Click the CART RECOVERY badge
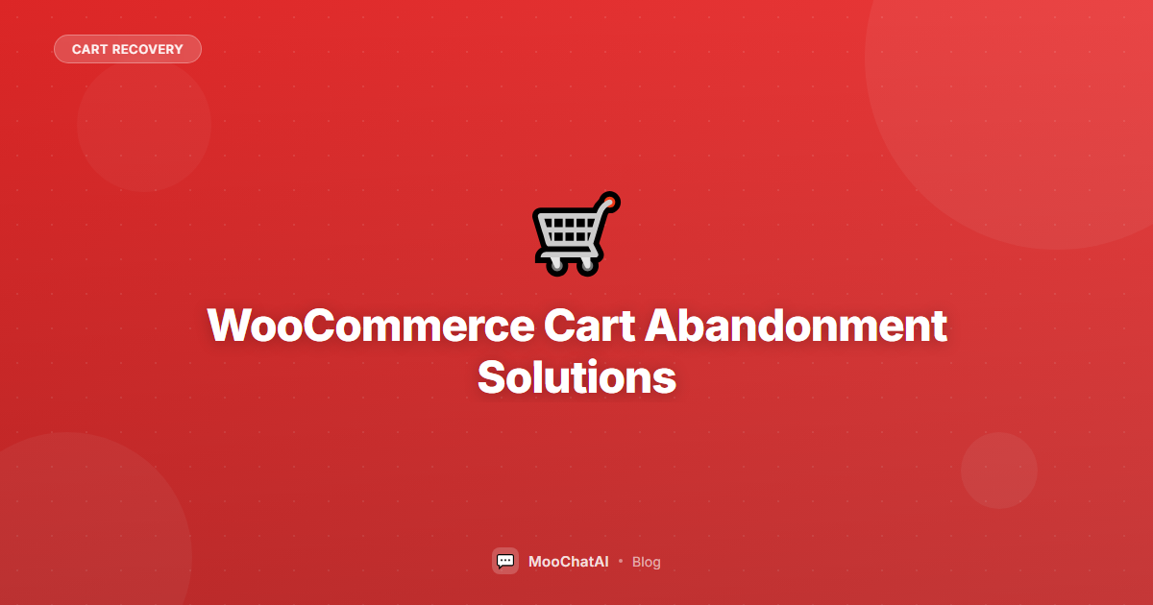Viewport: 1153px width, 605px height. (x=127, y=49)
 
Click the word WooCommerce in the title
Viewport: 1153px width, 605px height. (x=370, y=327)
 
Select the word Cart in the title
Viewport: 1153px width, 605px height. (x=588, y=327)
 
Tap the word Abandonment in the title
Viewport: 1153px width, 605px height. (x=796, y=327)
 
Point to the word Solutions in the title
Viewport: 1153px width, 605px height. (x=576, y=377)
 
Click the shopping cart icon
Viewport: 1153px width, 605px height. (x=575, y=234)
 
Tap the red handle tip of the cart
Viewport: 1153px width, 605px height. (x=611, y=202)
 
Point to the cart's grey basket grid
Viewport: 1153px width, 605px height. (x=567, y=230)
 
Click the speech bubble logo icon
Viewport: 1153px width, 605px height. (x=505, y=561)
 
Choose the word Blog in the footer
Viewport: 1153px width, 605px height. (x=647, y=562)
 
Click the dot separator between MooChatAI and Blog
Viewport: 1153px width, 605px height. (x=621, y=561)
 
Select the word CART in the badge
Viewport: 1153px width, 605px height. (x=89, y=49)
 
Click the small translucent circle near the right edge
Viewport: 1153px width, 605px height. (x=999, y=471)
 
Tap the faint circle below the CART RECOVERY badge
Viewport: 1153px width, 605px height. (x=144, y=125)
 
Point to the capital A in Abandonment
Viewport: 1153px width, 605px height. (x=662, y=327)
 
